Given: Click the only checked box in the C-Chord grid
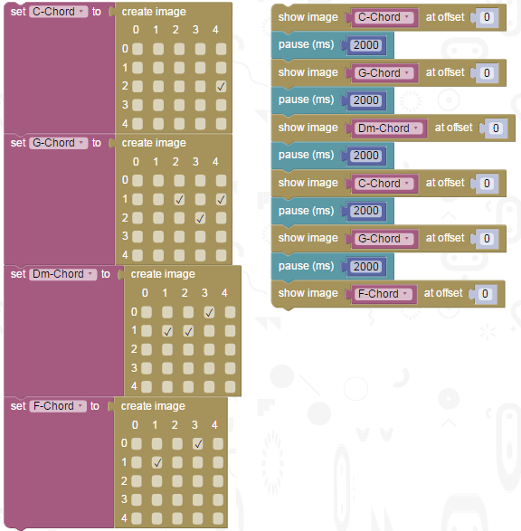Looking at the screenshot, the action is tap(221, 87).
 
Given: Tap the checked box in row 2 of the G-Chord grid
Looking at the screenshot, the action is tap(200, 218).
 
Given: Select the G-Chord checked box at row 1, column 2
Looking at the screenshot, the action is tap(179, 199).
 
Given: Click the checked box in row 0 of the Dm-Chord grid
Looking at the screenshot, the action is tap(209, 312).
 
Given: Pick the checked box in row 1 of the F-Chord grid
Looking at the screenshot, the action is tap(156, 462).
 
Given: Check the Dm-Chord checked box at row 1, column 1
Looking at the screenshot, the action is tap(167, 331).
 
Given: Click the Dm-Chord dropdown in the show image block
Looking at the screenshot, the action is tap(389, 128).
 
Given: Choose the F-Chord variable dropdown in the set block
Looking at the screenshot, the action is tap(58, 405).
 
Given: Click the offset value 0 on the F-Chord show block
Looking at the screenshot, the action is tap(485, 294).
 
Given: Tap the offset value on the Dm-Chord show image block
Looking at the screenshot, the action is tap(496, 128).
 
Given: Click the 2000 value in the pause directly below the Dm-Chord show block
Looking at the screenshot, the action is tap(366, 156).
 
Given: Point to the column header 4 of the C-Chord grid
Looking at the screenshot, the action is tap(215, 30).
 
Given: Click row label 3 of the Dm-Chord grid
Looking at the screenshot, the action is tap(134, 367).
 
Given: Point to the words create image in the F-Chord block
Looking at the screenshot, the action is tap(153, 406).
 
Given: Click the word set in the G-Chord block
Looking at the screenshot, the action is tap(18, 143).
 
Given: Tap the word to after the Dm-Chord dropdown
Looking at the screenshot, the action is tap(105, 274).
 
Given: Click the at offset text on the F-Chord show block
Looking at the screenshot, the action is tap(443, 293).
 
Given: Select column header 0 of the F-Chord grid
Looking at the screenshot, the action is tap(135, 424).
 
